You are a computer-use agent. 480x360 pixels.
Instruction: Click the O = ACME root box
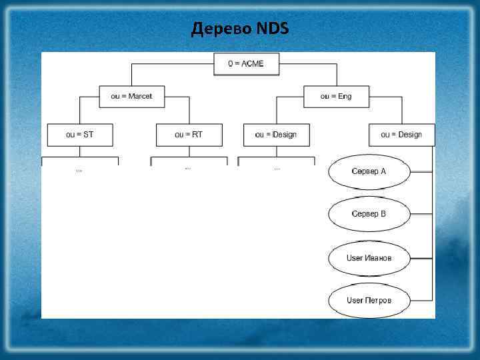(x=246, y=63)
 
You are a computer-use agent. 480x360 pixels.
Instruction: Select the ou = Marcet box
(x=131, y=97)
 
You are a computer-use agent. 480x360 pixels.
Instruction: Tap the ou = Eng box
(x=335, y=97)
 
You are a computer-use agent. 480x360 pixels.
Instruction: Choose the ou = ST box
(x=79, y=135)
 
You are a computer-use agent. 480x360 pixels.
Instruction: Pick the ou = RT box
(x=189, y=135)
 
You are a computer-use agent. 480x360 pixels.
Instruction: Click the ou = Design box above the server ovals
(x=401, y=135)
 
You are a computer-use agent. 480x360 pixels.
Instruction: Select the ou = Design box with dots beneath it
(x=275, y=135)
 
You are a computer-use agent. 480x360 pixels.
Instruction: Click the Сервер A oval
(x=369, y=171)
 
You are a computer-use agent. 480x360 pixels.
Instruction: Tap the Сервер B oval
(x=369, y=214)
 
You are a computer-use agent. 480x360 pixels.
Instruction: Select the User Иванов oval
(x=369, y=257)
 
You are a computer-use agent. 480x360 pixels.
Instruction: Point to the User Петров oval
(x=369, y=300)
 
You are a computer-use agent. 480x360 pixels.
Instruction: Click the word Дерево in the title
(x=221, y=29)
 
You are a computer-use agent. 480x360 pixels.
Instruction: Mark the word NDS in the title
(x=272, y=29)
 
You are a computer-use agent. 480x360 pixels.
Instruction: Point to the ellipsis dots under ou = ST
(x=79, y=171)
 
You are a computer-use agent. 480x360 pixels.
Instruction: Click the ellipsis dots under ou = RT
(x=188, y=169)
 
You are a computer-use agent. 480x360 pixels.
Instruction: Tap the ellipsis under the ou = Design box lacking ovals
(x=277, y=169)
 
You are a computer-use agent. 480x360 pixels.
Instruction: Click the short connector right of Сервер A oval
(x=421, y=171)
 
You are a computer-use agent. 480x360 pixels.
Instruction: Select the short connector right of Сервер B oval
(x=421, y=214)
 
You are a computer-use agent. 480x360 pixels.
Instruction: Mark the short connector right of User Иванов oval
(x=421, y=257)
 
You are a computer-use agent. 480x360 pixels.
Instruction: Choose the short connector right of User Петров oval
(x=421, y=300)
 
